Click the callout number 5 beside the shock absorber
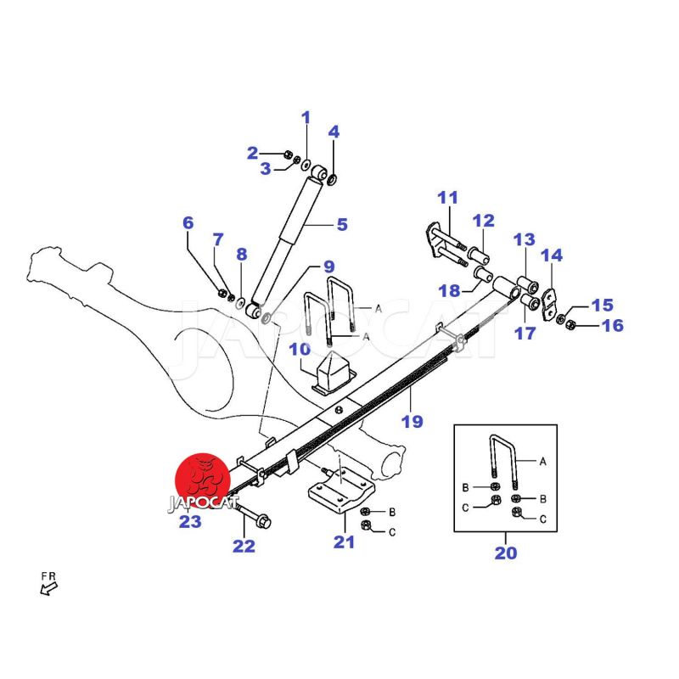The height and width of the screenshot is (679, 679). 342,225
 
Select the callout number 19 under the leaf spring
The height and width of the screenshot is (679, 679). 412,422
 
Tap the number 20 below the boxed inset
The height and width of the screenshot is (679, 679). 505,554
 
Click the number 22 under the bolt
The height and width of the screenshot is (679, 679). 244,547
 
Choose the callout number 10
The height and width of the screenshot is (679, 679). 300,349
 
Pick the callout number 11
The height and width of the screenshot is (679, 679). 447,198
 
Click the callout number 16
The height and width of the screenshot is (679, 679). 613,325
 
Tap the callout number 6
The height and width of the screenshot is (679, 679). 188,223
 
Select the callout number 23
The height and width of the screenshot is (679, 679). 189,522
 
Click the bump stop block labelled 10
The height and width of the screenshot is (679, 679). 330,373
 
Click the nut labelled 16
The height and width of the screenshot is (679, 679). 570,323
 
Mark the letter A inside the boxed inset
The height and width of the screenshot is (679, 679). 543,461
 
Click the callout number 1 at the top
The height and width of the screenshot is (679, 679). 306,118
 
